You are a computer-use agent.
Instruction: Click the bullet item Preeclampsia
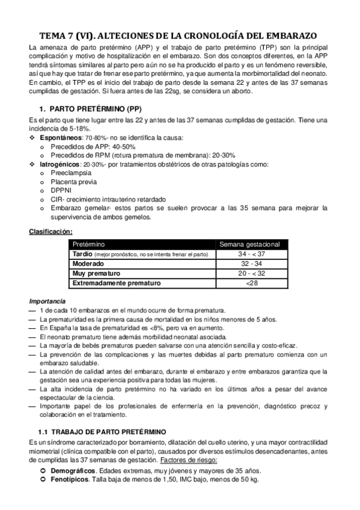[x=74, y=173]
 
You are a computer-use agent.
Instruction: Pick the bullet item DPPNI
[x=61, y=190]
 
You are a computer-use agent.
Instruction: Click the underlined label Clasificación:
[x=51, y=231]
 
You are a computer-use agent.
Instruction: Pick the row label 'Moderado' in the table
[x=88, y=264]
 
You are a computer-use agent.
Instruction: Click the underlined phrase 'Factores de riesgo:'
[x=188, y=461]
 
